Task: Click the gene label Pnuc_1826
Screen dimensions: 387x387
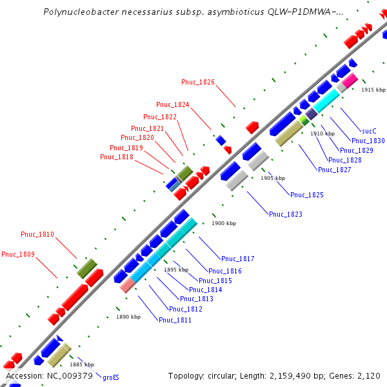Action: [x=198, y=82]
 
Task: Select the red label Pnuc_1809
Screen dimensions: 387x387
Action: [x=18, y=254]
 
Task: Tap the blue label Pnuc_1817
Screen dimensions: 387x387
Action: [x=238, y=259]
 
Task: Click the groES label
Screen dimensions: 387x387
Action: [x=111, y=377]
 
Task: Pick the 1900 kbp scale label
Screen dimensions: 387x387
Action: [x=224, y=223]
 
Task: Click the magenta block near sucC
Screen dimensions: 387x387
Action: [x=350, y=81]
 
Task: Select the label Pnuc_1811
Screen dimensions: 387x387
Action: [x=175, y=320]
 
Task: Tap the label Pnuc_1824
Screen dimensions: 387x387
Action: [x=173, y=104]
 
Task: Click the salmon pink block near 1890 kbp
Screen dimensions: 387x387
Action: [x=127, y=286]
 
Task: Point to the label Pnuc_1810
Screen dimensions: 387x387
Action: [x=37, y=234]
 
